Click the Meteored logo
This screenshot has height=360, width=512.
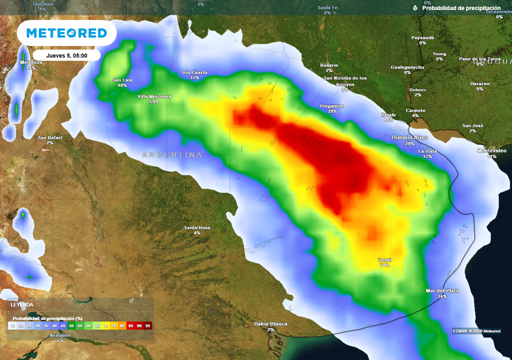(66, 33)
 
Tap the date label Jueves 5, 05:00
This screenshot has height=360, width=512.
(67, 55)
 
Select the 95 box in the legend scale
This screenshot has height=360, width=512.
(147, 325)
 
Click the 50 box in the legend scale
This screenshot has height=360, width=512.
(71, 325)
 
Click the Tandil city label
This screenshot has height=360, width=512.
(384, 260)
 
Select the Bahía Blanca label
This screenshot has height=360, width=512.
(270, 324)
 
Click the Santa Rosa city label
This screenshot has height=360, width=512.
(197, 228)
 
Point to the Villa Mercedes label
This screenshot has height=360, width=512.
(154, 96)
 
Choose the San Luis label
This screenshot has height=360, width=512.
(122, 80)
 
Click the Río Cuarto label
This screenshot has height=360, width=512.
(194, 72)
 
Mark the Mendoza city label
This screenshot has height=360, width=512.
(31, 62)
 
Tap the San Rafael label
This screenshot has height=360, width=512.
(50, 137)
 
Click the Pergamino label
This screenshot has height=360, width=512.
(332, 106)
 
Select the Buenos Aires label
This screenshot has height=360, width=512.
(409, 137)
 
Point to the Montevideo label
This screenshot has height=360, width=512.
(492, 150)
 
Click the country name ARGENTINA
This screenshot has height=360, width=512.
(172, 155)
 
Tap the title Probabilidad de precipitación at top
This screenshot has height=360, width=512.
(461, 8)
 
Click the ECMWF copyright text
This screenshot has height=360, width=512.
(476, 331)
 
